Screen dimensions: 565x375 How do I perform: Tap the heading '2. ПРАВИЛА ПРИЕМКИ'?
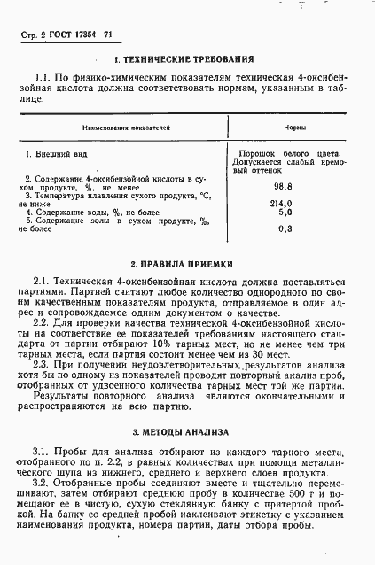pos(188,263)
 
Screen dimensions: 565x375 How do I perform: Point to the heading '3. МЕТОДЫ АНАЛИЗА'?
pos(188,432)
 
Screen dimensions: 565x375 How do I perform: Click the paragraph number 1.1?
pos(42,78)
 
